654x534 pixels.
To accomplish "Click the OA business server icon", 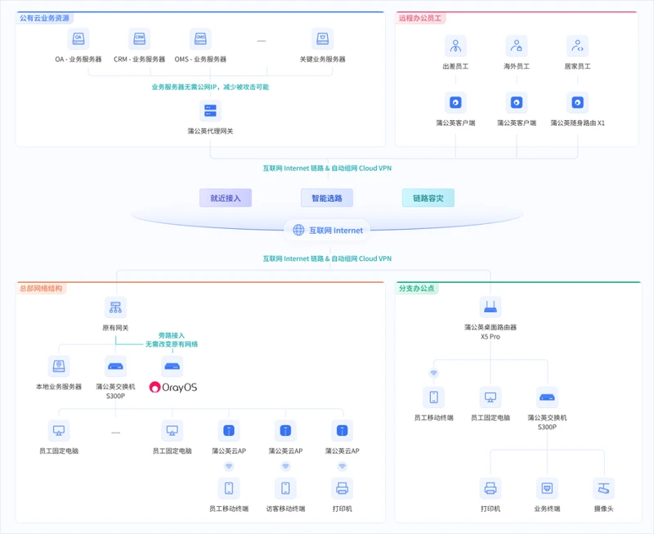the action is (x=78, y=38).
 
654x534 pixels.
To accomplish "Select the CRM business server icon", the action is (x=139, y=38).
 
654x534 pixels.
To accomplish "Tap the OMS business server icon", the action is (x=200, y=38).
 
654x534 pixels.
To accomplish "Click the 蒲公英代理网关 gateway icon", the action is (x=210, y=110).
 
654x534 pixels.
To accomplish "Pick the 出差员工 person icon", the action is (x=455, y=46).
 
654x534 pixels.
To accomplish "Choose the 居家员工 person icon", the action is (x=577, y=46).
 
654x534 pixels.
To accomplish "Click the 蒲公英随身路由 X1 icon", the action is (x=577, y=102).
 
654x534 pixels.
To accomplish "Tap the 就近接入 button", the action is (x=226, y=198).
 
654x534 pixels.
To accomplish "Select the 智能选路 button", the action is (x=327, y=198).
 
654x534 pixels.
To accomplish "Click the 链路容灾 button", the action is (x=428, y=198).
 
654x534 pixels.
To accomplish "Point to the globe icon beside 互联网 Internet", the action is (x=298, y=230).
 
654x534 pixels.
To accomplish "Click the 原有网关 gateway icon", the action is (x=115, y=307).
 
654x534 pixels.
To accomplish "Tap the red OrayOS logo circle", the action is (x=155, y=387).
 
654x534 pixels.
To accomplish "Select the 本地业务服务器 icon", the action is (x=59, y=366).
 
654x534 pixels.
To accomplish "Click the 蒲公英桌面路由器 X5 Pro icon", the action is (x=490, y=307).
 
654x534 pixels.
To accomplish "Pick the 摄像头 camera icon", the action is (x=603, y=488).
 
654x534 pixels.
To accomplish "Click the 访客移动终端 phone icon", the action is (x=285, y=488).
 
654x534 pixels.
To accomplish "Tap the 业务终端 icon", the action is (x=547, y=488).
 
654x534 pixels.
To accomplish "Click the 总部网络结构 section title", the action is (x=41, y=289).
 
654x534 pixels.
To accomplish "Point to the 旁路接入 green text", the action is (x=172, y=335).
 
